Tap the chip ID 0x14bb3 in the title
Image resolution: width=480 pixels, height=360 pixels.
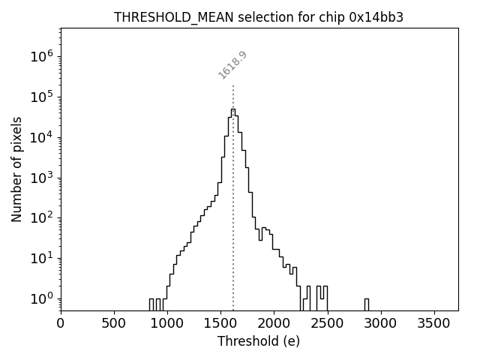click(x=376, y=17)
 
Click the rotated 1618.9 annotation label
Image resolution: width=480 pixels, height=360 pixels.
click(x=232, y=65)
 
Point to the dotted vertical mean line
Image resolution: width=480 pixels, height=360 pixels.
click(x=233, y=225)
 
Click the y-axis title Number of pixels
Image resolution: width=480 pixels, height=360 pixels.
click(x=16, y=169)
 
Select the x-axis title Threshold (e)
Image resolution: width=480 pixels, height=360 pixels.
click(x=259, y=341)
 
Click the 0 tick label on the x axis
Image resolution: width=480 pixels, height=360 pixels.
click(x=61, y=323)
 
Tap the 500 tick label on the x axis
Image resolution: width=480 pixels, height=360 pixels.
click(x=114, y=323)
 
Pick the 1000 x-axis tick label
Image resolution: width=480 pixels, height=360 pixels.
click(x=167, y=323)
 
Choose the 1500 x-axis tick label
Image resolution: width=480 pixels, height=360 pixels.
click(x=220, y=323)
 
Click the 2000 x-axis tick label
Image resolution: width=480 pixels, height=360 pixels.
click(x=274, y=323)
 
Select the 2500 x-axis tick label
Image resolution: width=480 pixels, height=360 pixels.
click(x=327, y=323)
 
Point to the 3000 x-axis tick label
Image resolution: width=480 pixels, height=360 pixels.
click(x=380, y=323)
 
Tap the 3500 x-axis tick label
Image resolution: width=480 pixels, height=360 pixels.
click(x=433, y=323)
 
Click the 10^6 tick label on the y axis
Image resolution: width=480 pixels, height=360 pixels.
click(x=42, y=56)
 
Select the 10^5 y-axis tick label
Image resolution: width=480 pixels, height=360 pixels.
click(x=42, y=97)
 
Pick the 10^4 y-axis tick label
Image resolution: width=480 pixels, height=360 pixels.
click(x=42, y=137)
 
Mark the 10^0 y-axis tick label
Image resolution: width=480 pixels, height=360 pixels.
click(x=42, y=298)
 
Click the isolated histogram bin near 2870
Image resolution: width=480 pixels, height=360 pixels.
click(x=366, y=303)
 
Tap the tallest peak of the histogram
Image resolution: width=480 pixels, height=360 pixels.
click(x=233, y=109)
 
